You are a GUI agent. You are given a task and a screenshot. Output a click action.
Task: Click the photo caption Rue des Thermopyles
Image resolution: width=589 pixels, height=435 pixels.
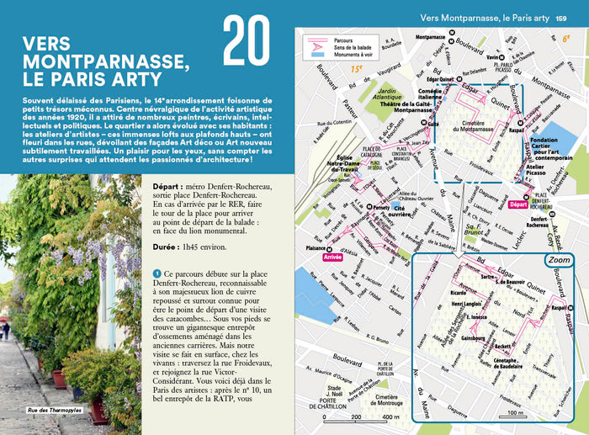click(43, 410)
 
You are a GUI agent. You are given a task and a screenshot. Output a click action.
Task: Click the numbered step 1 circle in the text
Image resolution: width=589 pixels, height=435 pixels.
click(157, 274)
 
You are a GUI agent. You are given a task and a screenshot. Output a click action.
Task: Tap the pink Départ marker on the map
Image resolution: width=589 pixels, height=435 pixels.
click(519, 204)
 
